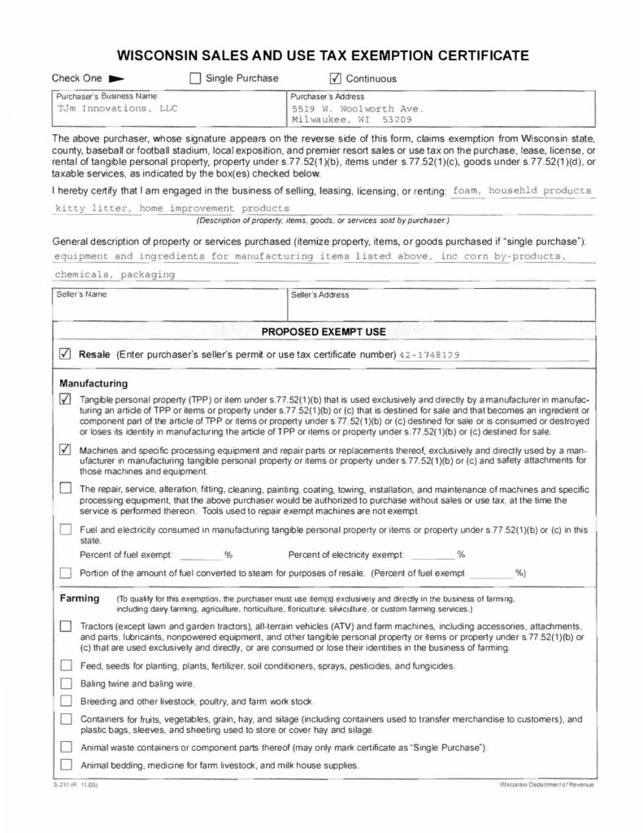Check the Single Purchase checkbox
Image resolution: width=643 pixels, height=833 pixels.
(x=194, y=79)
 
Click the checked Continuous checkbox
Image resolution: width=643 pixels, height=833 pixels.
(x=336, y=79)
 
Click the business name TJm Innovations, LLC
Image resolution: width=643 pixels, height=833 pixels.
(x=117, y=107)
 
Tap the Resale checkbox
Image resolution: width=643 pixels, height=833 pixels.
(x=66, y=355)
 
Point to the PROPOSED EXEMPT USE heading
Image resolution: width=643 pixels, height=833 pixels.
(x=323, y=332)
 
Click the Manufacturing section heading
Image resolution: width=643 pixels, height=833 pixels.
(x=93, y=382)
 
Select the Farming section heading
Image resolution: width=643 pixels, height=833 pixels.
(x=80, y=599)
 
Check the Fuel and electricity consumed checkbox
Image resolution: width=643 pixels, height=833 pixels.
(x=66, y=530)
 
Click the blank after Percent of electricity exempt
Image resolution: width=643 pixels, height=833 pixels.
(x=432, y=555)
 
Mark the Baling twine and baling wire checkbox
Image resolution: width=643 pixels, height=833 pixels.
(x=66, y=683)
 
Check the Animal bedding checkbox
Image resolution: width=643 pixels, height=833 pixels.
(x=66, y=765)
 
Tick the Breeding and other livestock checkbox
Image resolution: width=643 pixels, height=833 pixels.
(x=66, y=701)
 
